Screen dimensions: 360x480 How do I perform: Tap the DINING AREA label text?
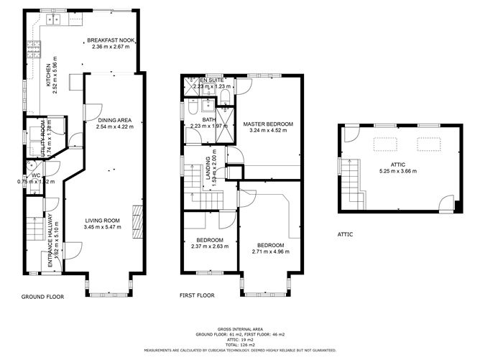(115, 121)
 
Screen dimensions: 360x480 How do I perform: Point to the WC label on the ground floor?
(35, 175)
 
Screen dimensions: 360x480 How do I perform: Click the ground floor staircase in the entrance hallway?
(32, 230)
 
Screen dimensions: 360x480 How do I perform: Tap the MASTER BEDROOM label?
(268, 124)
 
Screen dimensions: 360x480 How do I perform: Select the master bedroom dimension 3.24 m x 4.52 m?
(268, 131)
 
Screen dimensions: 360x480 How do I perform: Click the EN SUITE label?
(212, 80)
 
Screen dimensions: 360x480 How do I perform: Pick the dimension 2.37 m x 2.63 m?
(210, 246)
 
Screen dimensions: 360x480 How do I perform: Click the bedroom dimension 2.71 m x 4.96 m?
(271, 252)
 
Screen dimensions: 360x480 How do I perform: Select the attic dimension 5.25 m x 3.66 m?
(397, 171)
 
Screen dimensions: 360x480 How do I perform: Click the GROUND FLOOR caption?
(42, 295)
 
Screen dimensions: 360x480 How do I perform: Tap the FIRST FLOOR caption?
(197, 295)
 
